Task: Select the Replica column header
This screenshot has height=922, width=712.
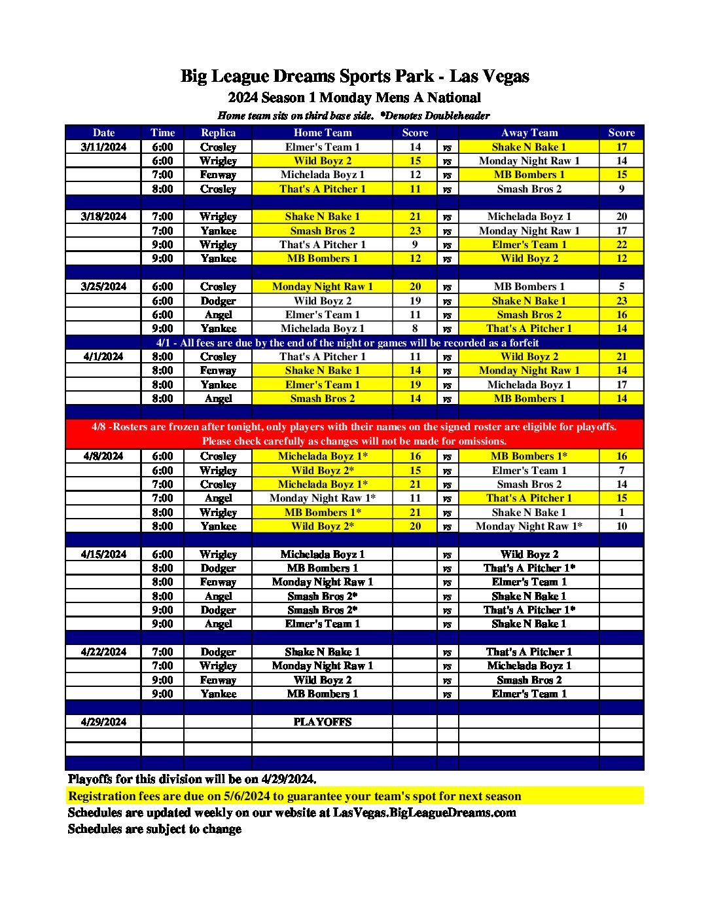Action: coord(218,132)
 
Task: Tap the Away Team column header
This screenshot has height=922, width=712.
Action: coord(529,132)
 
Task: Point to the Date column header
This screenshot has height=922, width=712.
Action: coord(103,132)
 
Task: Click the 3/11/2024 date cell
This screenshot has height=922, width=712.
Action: coord(103,147)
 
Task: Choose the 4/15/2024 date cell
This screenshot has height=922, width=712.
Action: coord(103,555)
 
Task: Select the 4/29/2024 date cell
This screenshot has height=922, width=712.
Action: coord(103,722)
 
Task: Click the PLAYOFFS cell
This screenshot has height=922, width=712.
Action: coord(322,722)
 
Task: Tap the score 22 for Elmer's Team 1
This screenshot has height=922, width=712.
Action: coord(621,245)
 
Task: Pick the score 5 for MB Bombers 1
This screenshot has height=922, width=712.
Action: coord(621,287)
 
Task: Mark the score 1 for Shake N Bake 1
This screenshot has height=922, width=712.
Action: coord(621,513)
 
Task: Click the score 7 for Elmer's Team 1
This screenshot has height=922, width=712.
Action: coord(621,471)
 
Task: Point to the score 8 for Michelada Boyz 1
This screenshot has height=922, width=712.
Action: coord(415,329)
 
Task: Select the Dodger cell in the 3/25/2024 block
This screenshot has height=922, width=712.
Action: coord(218,301)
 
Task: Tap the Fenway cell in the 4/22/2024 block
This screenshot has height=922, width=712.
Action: coord(218,680)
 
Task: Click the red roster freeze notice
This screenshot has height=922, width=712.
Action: coord(354,433)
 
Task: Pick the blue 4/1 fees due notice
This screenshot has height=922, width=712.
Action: coord(347,343)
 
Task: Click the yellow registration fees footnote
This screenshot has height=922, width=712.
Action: coord(294,796)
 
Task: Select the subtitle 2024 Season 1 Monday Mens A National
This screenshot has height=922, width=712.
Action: coord(354,98)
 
